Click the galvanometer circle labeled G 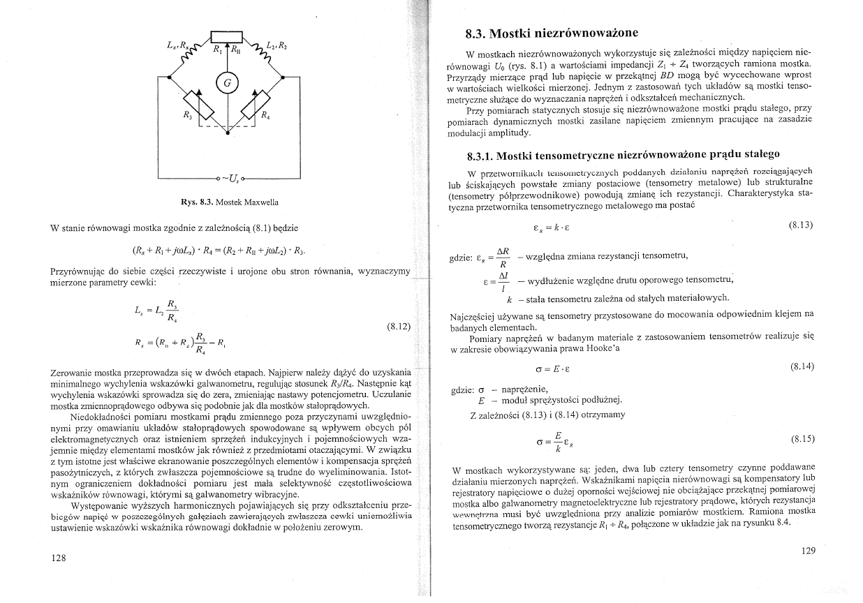(x=228, y=83)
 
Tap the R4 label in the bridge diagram (x=266, y=117)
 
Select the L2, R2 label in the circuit (x=276, y=47)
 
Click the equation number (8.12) (x=398, y=326)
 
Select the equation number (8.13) (x=801, y=225)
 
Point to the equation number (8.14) (x=801, y=366)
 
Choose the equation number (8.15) (x=801, y=439)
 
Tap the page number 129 (x=808, y=551)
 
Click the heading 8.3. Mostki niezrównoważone (x=552, y=33)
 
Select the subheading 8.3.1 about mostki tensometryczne (x=624, y=154)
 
